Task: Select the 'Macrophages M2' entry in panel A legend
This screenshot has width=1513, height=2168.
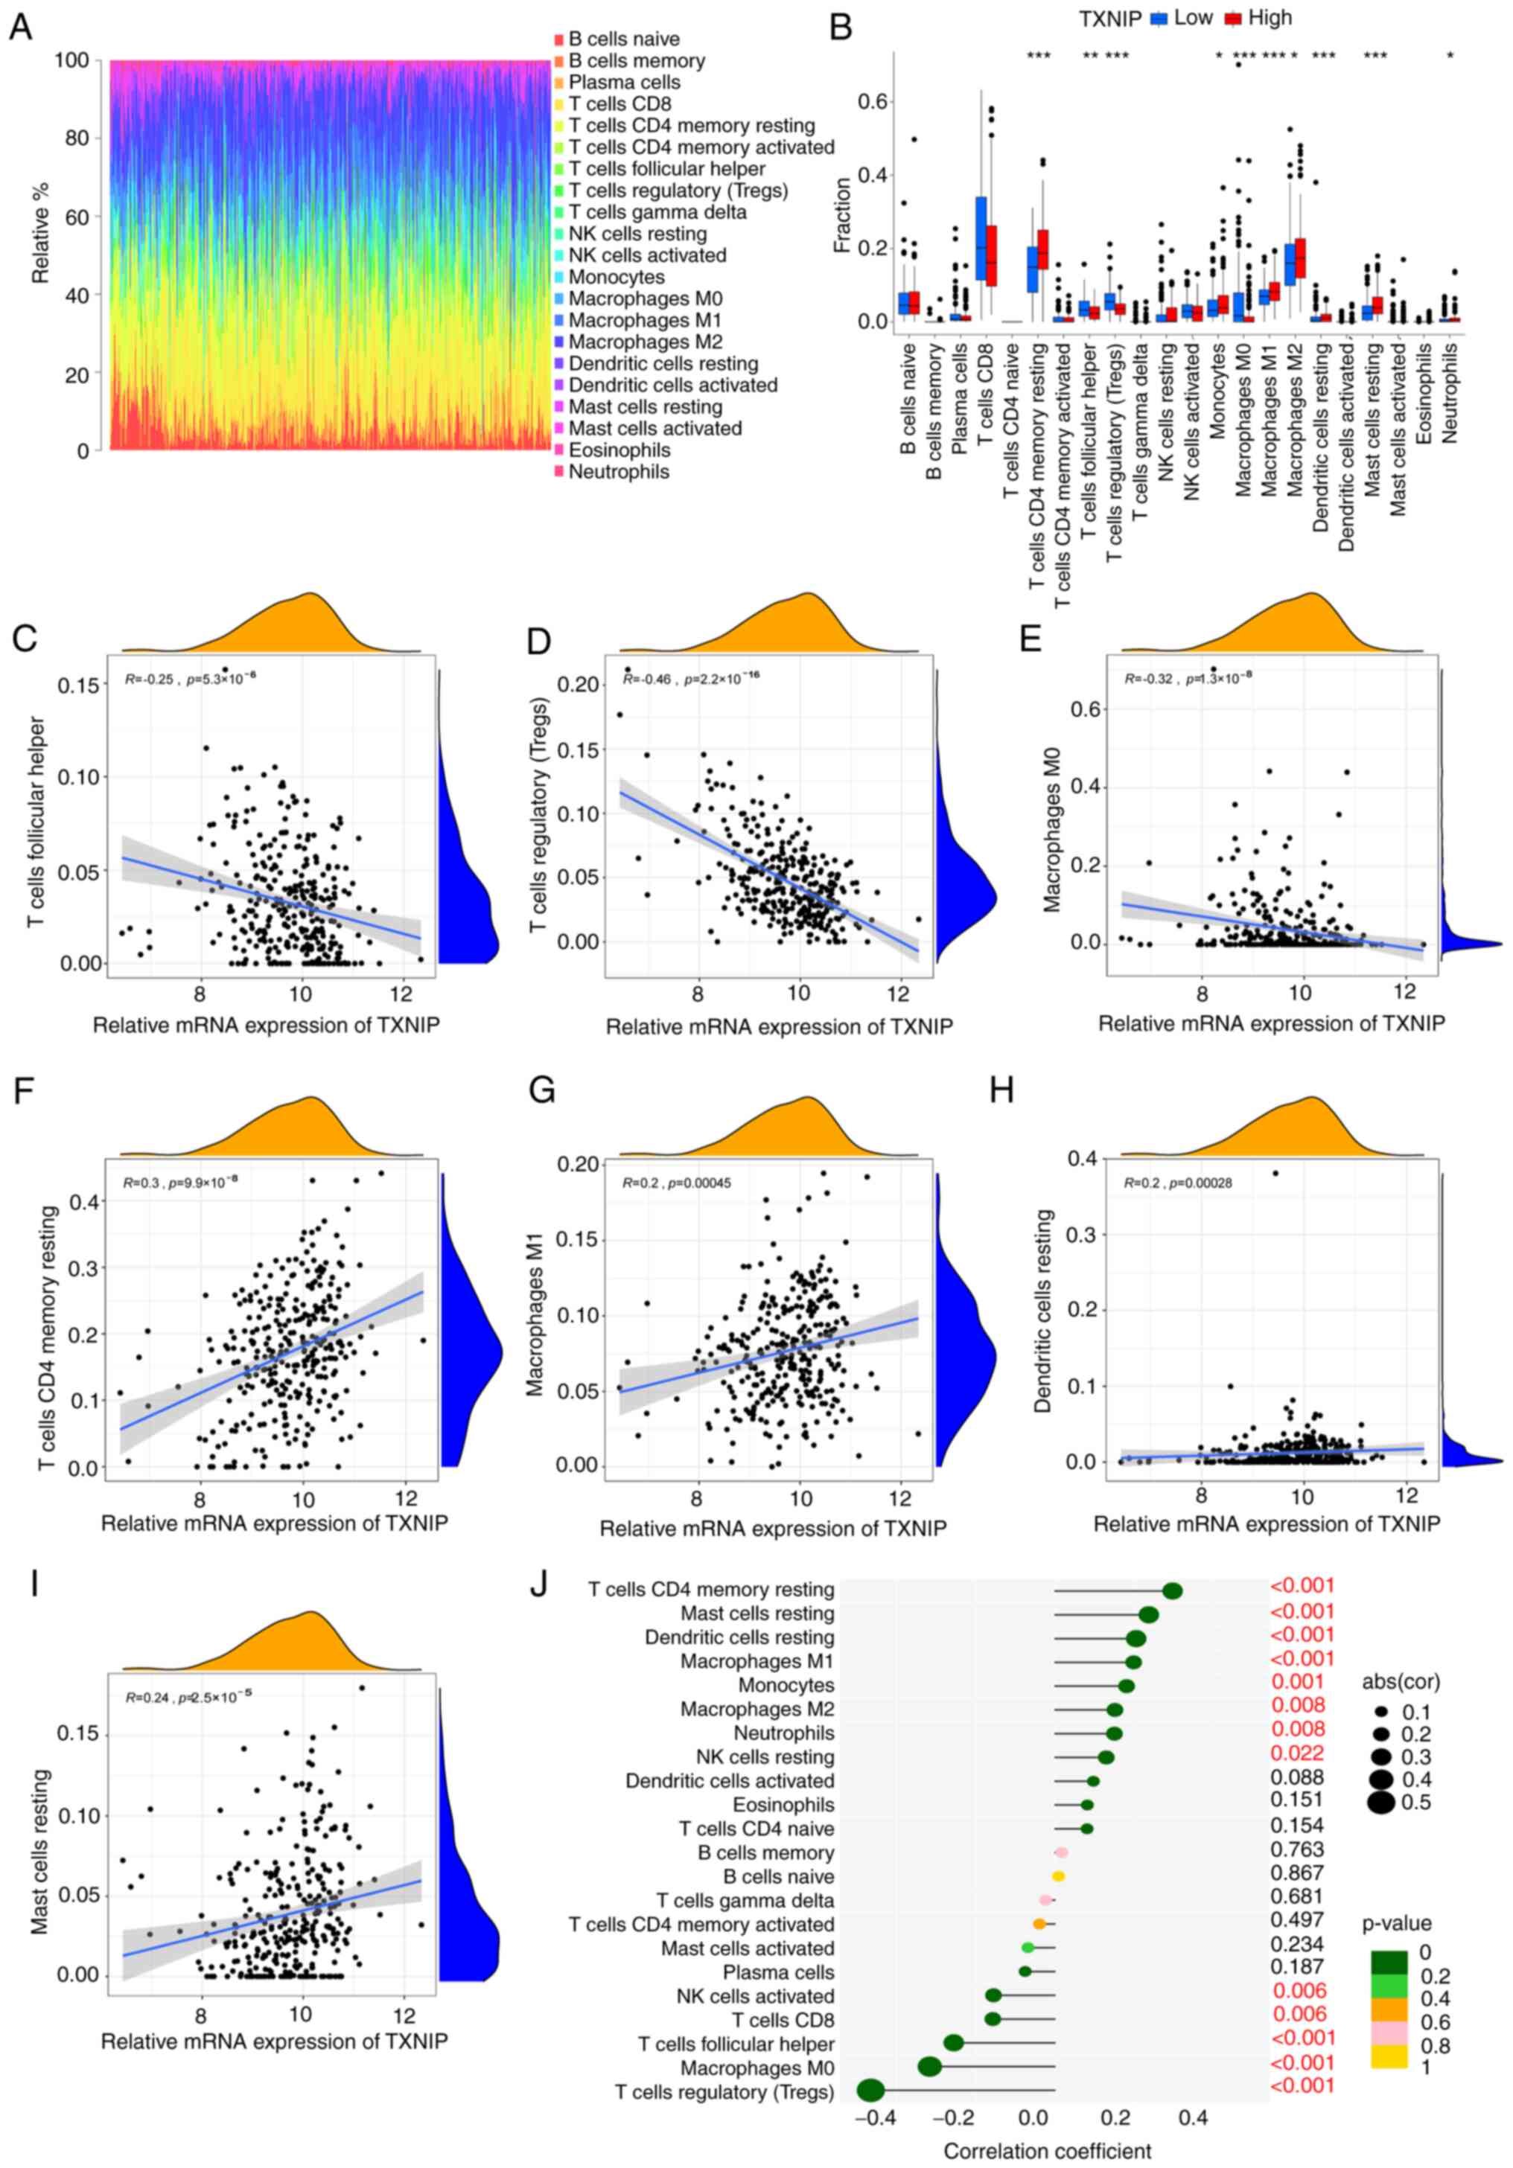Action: (645, 342)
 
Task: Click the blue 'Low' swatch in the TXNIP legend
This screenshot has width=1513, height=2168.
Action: (1159, 18)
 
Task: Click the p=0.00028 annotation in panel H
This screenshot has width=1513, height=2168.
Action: (1200, 1183)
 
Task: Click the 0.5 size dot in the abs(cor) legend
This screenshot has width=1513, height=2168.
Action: (1380, 1803)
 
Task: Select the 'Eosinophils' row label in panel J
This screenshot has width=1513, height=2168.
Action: (783, 1805)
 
